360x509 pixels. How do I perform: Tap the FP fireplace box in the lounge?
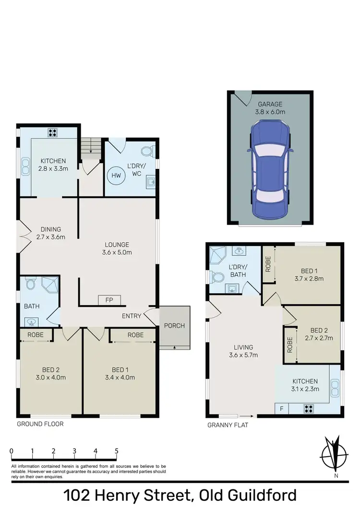[x=107, y=300]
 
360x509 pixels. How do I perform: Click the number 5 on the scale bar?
[x=117, y=451]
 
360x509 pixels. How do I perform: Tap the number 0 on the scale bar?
[x=11, y=451]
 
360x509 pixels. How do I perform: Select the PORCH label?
[x=174, y=326]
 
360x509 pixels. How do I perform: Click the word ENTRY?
[x=132, y=315]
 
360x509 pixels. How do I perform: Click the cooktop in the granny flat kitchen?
[x=309, y=409]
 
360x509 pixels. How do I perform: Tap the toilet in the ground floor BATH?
[x=31, y=285]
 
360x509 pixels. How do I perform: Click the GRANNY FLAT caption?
[x=228, y=425]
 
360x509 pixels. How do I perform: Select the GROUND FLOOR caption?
[x=40, y=424]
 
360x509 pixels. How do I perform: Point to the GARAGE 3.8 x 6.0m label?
[x=271, y=108]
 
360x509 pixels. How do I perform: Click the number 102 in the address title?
[x=80, y=495]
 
